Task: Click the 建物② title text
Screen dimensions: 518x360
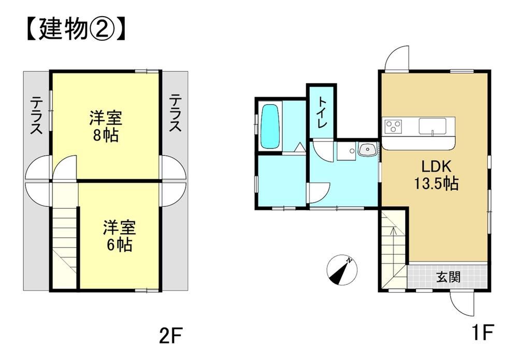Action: pos(76,30)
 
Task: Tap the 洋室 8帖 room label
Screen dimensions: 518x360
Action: pos(105,126)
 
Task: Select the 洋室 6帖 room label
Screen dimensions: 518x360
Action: pos(119,236)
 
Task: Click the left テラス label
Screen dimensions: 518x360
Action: pos(36,116)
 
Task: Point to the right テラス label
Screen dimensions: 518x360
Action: pos(176,112)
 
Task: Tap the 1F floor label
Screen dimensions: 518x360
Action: pos(482,332)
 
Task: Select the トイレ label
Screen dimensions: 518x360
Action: pos(322,112)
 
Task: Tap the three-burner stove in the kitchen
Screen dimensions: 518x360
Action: pos(393,126)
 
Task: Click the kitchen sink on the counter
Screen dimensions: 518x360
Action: pos(432,126)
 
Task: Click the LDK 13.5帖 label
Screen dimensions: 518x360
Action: pos(436,175)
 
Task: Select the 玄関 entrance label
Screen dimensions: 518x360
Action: pos(448,277)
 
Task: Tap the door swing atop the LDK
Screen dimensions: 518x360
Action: pos(397,58)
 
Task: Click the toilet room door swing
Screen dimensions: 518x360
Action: pos(323,151)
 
